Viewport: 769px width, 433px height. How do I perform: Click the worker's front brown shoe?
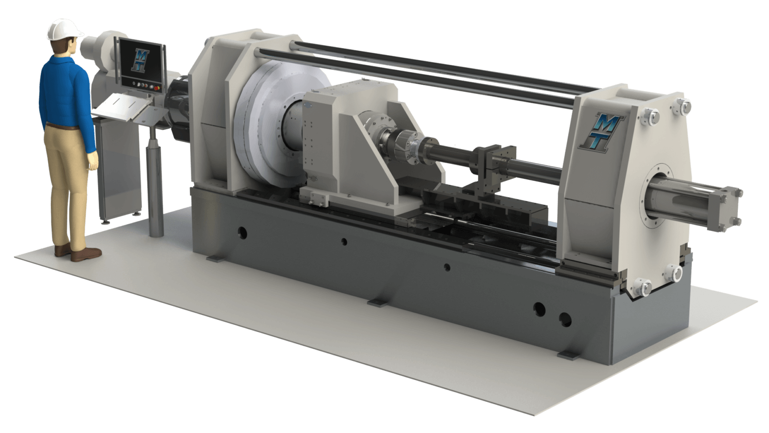pyautogui.click(x=86, y=255)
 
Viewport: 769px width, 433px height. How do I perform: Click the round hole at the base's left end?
pyautogui.click(x=242, y=233)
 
